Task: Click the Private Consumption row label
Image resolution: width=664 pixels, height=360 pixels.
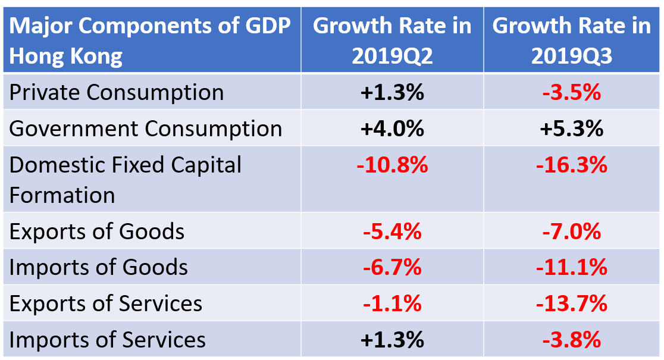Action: [117, 92]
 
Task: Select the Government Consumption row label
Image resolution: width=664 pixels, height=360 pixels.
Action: [146, 129]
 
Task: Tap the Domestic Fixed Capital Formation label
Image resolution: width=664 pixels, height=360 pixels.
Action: [126, 180]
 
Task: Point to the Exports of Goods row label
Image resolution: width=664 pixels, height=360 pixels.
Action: [97, 231]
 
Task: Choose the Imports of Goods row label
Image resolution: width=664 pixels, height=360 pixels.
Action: [99, 267]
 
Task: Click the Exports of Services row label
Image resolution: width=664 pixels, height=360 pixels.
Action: [106, 303]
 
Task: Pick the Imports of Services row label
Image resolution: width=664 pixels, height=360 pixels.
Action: [108, 340]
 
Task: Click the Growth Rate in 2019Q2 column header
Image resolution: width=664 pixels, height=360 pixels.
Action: [392, 40]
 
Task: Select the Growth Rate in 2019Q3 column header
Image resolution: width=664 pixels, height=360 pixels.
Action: [572, 40]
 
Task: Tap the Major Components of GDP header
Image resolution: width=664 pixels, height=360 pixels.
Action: [150, 40]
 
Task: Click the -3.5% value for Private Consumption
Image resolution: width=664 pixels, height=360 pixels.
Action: [572, 92]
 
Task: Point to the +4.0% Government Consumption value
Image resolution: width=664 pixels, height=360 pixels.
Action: [392, 129]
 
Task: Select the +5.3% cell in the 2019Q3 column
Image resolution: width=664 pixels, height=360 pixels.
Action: [572, 129]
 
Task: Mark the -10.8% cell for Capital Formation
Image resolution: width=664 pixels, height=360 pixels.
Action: [392, 165]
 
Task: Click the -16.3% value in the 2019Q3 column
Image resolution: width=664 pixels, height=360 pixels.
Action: [572, 165]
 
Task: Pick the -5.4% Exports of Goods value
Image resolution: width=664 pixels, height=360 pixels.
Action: [392, 231]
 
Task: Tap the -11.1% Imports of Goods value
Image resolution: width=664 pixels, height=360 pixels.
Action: [572, 267]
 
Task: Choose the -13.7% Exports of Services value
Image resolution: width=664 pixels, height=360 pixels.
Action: [572, 303]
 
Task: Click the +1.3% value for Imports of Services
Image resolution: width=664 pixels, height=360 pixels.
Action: [392, 340]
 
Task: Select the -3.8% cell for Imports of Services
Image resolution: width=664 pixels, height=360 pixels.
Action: [572, 340]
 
